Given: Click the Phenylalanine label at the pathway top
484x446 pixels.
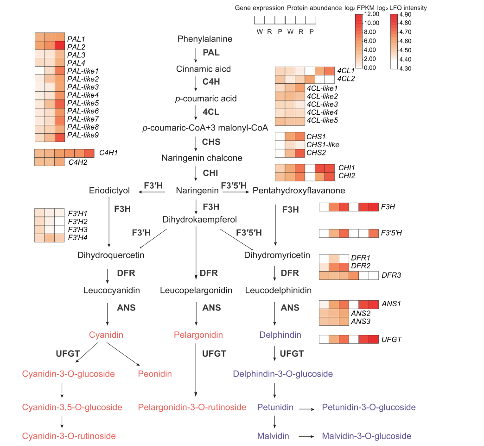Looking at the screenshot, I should (204, 39).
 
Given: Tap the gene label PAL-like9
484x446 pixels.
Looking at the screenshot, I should (83, 135).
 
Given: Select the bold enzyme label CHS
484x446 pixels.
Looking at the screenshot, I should (211, 142).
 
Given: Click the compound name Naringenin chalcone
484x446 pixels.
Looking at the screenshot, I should (202, 158).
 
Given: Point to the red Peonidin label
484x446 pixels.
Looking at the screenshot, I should (155, 374).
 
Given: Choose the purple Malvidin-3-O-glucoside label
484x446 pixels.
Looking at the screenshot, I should (366, 436).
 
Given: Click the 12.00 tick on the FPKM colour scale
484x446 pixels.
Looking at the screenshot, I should (372, 14).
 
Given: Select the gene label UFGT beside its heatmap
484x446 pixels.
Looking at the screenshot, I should (391, 340).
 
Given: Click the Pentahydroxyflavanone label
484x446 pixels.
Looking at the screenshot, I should (299, 191).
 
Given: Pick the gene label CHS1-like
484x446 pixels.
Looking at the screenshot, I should (323, 145).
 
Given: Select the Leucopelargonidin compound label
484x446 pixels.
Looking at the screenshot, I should (196, 291).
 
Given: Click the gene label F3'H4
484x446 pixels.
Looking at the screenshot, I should (77, 238).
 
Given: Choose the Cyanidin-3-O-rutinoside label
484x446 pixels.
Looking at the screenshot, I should (69, 436).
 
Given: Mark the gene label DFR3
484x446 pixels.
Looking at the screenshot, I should (391, 275).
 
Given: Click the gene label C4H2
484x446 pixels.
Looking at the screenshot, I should (78, 162).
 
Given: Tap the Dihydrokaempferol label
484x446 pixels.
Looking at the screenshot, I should (199, 220).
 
